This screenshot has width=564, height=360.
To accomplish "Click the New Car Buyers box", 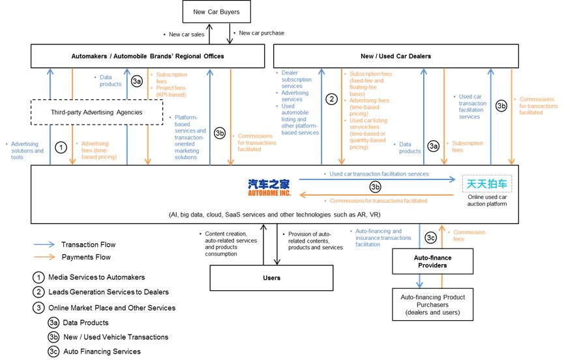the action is (216, 12).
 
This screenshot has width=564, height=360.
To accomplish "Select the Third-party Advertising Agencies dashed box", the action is (96, 112).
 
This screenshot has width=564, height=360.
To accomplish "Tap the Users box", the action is (272, 278).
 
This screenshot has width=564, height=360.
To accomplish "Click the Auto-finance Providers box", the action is (432, 262).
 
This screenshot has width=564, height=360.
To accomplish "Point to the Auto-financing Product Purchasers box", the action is (432, 305).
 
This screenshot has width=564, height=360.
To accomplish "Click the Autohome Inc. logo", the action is (269, 187).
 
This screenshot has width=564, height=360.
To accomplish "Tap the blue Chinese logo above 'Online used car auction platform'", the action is (486, 184).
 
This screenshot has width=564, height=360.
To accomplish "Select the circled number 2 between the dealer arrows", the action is (331, 99).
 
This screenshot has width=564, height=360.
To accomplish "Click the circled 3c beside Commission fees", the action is (430, 237).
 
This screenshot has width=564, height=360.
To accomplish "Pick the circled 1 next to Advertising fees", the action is (61, 147).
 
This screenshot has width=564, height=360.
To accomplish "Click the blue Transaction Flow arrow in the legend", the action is (44, 245).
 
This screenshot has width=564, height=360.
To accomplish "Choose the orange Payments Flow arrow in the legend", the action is (44, 257).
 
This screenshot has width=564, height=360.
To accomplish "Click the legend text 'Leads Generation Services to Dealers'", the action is (108, 292).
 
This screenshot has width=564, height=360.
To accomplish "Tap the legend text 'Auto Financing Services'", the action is (102, 352).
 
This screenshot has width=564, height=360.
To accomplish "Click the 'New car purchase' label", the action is (261, 33).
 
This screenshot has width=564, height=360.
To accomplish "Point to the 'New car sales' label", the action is (186, 35).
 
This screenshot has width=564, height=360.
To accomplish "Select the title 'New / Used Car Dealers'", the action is (396, 56).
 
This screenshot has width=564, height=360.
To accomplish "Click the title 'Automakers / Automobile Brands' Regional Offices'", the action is (147, 56).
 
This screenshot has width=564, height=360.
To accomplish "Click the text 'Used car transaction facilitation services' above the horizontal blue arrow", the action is (379, 173).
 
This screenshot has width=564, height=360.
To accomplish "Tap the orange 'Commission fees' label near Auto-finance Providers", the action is (469, 235).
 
